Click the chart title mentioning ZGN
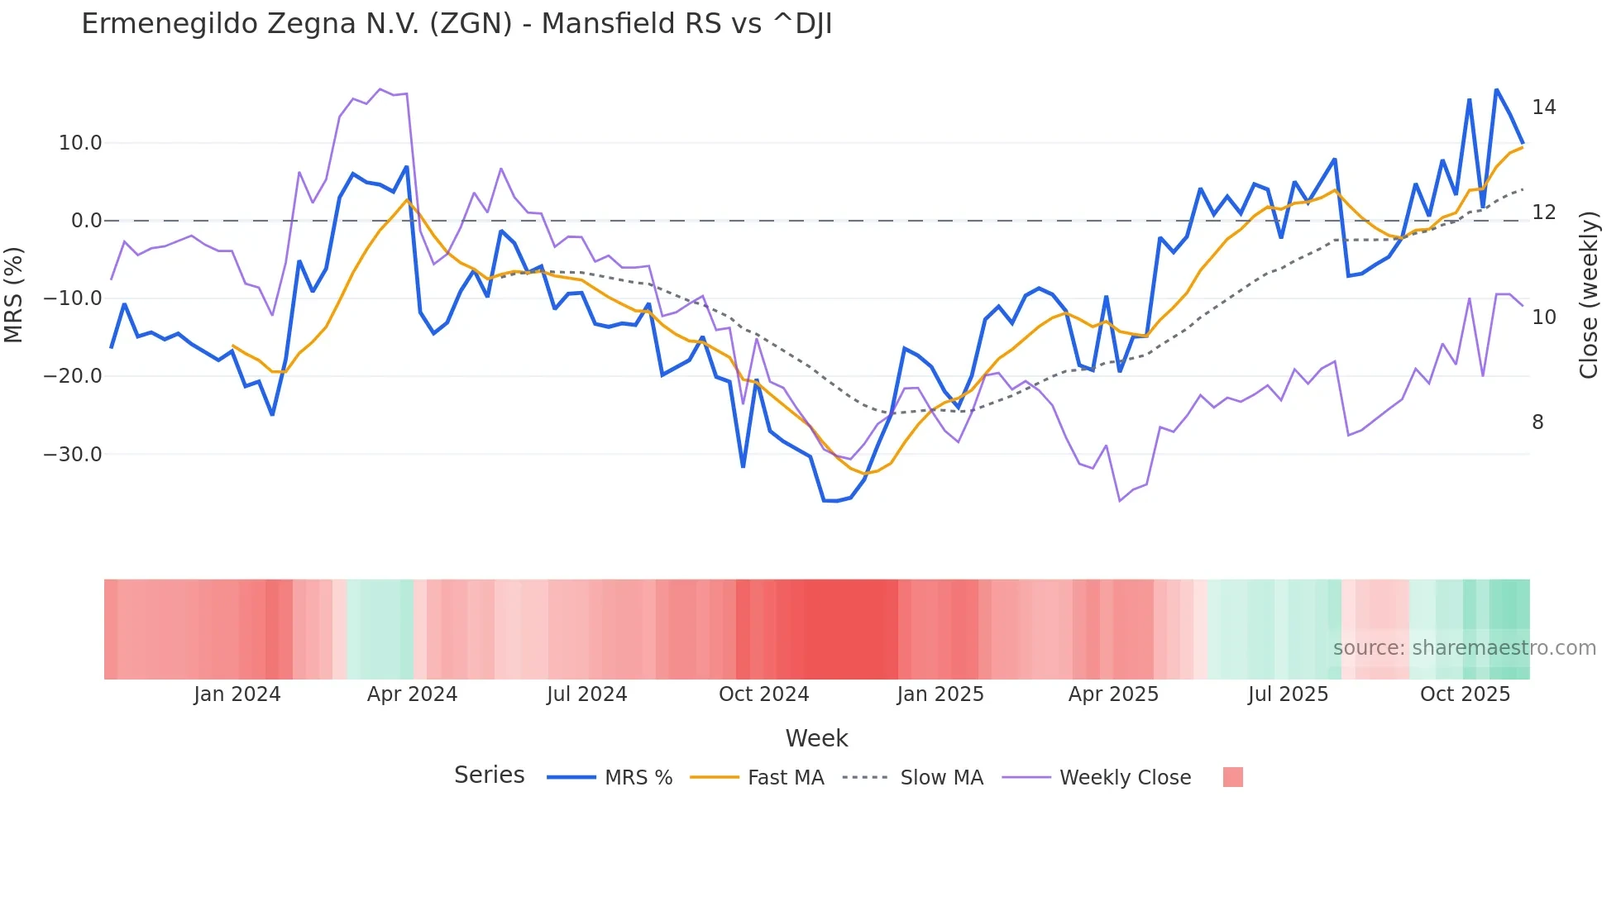(457, 24)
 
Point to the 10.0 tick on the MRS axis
(80, 143)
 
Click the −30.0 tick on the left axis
(73, 454)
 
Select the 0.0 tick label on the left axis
(86, 221)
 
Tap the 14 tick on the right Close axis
(1543, 107)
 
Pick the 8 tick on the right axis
(1537, 422)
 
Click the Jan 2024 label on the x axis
(237, 694)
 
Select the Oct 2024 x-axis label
(763, 694)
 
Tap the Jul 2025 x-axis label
(1288, 694)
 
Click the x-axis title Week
(816, 738)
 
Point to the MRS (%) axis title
(14, 295)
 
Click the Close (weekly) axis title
(1588, 295)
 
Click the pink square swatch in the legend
(1232, 777)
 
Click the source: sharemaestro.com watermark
(1464, 648)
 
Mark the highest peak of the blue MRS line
(1496, 89)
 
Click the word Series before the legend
(489, 775)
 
